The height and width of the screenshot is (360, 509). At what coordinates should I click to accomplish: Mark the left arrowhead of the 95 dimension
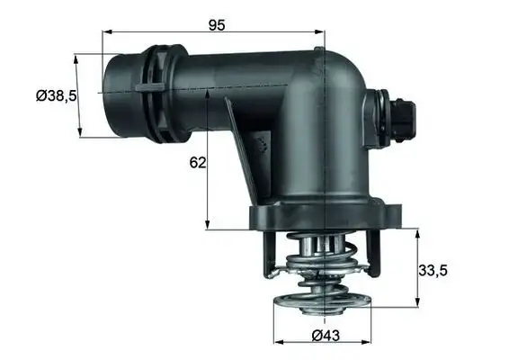[105, 31]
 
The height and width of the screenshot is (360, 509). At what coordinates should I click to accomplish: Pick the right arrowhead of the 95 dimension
[321, 31]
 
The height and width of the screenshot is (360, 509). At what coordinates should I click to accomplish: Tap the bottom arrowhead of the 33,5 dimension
[419, 301]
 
